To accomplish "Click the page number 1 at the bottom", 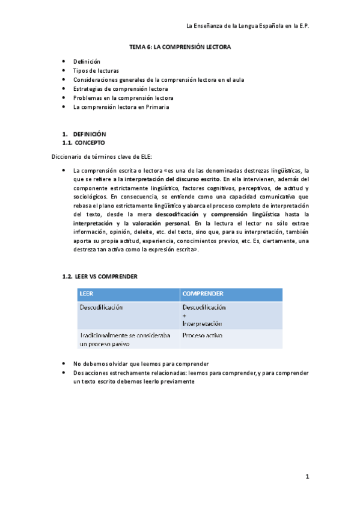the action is click(307, 477).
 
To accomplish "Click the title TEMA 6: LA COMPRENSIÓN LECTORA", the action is click(180, 47).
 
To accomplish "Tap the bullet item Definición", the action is click(87, 61).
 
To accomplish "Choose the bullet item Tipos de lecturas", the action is click(96, 70).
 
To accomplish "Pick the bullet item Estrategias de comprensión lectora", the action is click(120, 88).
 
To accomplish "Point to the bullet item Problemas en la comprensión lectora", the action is click(123, 97).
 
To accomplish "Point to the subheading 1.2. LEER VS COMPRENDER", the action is click(100, 276).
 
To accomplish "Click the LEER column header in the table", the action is click(87, 294).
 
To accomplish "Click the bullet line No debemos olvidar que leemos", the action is click(141, 364).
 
